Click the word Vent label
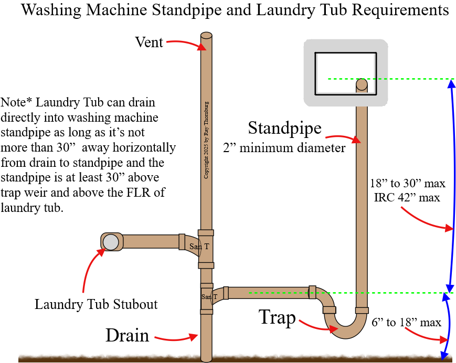point(149,42)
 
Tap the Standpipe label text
point(284,127)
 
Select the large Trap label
point(277,317)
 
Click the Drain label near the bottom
point(128,335)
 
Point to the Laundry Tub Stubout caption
point(96,304)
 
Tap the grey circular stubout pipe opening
point(111,242)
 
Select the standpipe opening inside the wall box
point(362,83)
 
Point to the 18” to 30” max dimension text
point(408,184)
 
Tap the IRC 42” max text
point(408,198)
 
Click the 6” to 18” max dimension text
point(406,322)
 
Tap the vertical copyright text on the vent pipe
point(206,140)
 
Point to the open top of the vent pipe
point(206,36)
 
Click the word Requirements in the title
point(403,10)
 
